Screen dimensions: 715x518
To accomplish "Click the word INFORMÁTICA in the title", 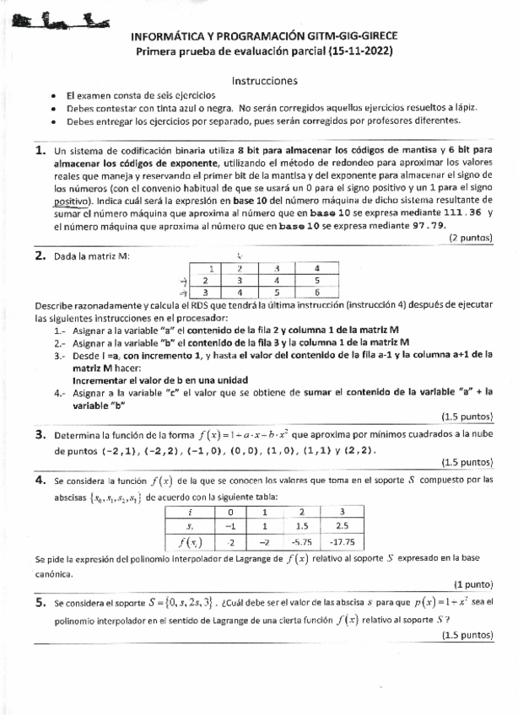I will (x=167, y=38).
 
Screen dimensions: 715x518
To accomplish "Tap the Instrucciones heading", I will (x=264, y=81).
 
